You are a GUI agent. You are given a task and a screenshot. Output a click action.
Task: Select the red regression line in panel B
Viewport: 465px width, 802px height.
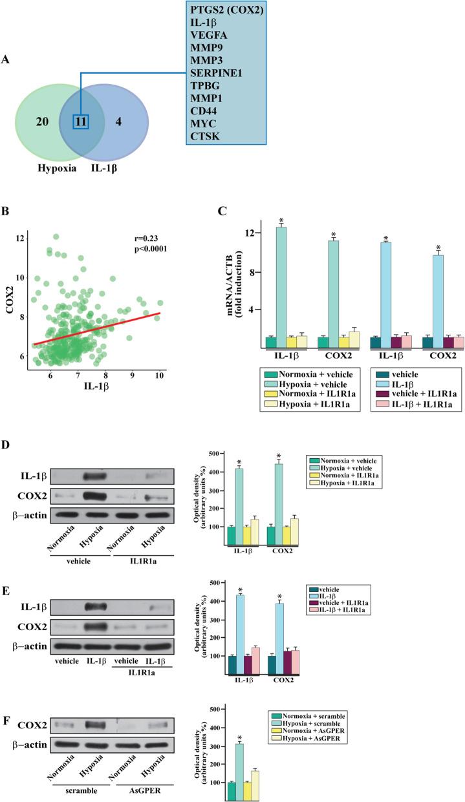point(97,328)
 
